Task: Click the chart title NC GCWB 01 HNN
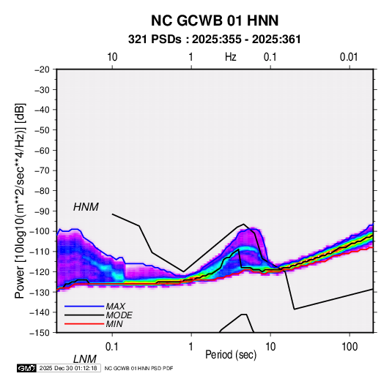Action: click(x=215, y=20)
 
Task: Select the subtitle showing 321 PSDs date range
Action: click(x=215, y=40)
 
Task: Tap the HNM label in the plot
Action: click(x=86, y=207)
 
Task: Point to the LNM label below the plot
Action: click(x=85, y=359)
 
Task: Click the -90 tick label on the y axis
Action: click(x=42, y=211)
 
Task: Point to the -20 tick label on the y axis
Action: click(x=42, y=69)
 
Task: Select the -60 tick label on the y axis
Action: click(x=42, y=150)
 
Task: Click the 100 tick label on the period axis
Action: click(x=350, y=347)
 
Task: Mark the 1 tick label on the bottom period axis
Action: click(x=191, y=347)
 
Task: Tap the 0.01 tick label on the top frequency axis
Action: click(x=349, y=57)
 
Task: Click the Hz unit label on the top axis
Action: click(x=231, y=57)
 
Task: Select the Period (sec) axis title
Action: click(x=231, y=355)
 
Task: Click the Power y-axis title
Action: click(x=20, y=201)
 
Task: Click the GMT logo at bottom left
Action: click(x=26, y=368)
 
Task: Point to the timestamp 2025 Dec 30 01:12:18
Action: click(x=68, y=368)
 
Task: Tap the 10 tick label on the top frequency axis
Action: click(x=112, y=57)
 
